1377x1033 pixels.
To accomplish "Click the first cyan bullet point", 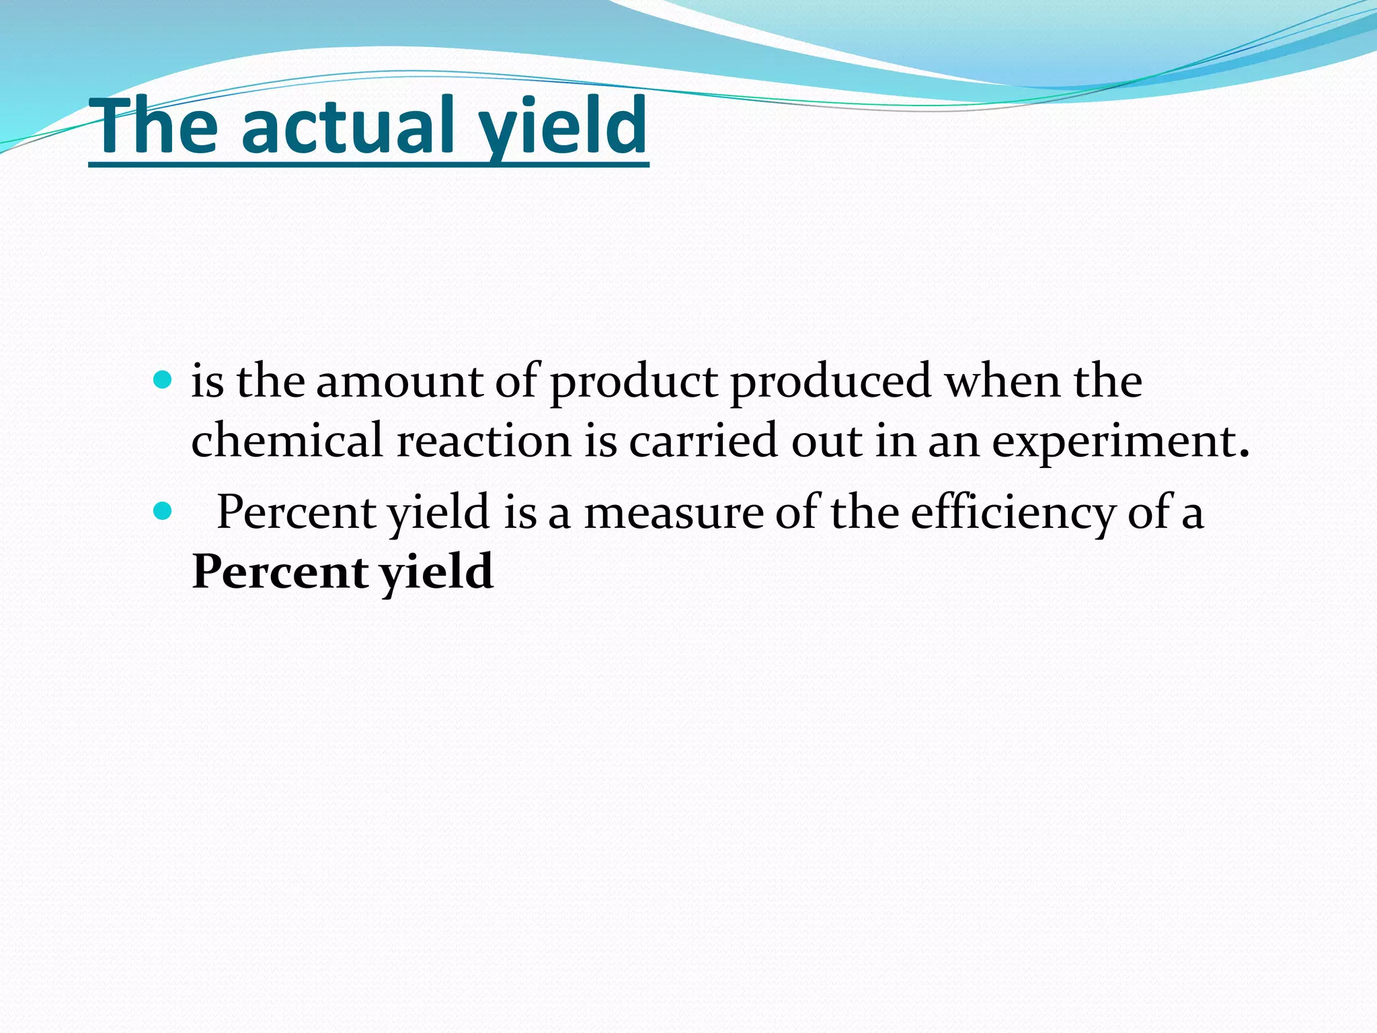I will tap(163, 381).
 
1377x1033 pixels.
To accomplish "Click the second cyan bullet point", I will tap(163, 512).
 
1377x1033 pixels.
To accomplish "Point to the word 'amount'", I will tap(399, 382).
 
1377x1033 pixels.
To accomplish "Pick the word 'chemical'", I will tap(287, 441).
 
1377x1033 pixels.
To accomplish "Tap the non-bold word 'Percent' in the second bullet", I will tap(296, 513).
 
